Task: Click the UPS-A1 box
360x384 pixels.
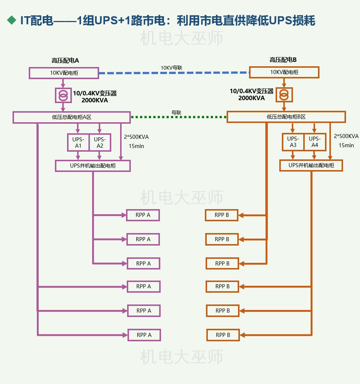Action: (78, 142)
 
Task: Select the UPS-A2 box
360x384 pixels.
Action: (100, 142)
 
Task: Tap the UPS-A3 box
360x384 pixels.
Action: (293, 142)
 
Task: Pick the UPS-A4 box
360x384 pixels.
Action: (315, 142)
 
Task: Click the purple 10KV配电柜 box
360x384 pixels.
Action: (64, 73)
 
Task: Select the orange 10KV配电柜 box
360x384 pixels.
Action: (284, 72)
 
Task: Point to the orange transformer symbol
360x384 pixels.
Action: (283, 95)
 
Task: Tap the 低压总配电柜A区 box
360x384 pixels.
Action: (71, 117)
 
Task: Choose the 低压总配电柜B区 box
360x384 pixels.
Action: (286, 117)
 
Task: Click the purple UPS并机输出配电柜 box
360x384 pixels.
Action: (93, 166)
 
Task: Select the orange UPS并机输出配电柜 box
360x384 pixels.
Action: (311, 165)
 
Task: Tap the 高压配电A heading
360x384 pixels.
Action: (65, 60)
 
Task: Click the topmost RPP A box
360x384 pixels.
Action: (143, 215)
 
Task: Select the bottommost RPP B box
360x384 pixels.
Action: (223, 335)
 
